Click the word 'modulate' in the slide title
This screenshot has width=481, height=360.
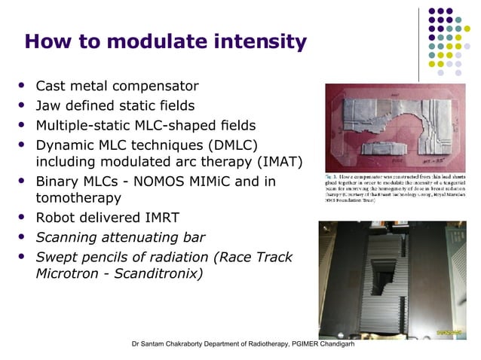click(x=154, y=41)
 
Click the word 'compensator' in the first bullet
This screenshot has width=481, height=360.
click(x=154, y=86)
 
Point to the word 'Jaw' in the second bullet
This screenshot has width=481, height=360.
click(x=50, y=105)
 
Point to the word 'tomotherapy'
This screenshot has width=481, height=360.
click(x=77, y=198)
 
